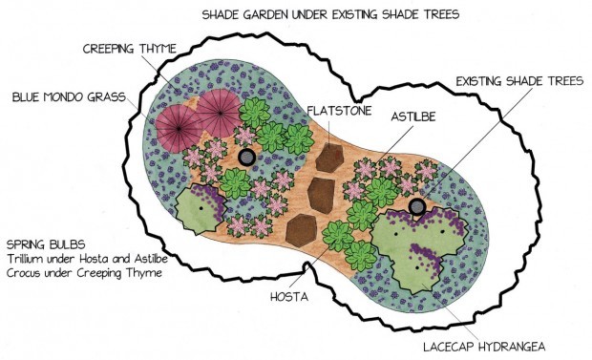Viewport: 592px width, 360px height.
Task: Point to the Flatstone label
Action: coord(339,111)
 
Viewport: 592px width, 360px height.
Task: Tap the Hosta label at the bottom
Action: coord(288,298)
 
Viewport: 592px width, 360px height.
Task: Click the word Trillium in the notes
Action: coord(29,259)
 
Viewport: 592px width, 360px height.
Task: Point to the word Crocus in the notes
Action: coord(27,274)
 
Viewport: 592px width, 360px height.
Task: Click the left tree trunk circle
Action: coord(246,158)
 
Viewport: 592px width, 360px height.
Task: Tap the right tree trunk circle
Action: coord(416,207)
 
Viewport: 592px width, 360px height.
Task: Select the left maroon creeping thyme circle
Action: coord(178,127)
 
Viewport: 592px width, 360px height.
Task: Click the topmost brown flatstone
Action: coord(329,157)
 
